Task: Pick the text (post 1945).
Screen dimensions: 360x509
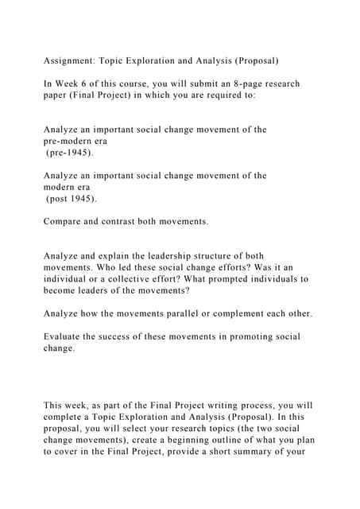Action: click(x=66, y=198)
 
